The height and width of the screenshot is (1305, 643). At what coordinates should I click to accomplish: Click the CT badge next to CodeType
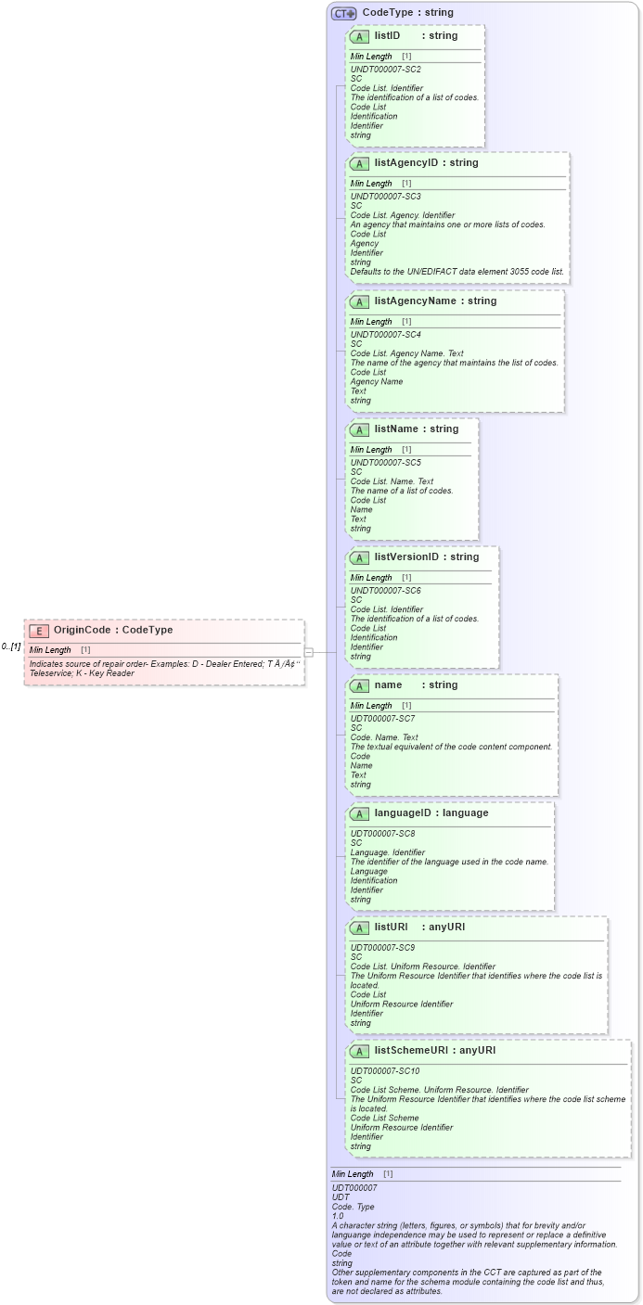(x=344, y=13)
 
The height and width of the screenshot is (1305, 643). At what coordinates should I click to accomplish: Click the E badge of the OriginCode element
(x=39, y=631)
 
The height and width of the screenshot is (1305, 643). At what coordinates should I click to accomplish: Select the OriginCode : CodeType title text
(x=113, y=631)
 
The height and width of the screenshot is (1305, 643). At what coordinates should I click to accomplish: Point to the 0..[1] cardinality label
(x=11, y=646)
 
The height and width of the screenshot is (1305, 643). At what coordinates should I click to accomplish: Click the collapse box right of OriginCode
(x=309, y=652)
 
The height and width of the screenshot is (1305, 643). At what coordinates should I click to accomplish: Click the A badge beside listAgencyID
(x=359, y=163)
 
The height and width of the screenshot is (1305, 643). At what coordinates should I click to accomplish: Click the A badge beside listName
(x=359, y=429)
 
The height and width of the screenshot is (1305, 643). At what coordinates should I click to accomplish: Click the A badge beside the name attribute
(x=359, y=685)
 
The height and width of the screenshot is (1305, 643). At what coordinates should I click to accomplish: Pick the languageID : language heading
(x=431, y=812)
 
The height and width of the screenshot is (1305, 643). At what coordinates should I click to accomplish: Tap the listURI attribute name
(x=391, y=928)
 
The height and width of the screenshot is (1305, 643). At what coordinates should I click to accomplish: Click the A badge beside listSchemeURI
(x=359, y=1051)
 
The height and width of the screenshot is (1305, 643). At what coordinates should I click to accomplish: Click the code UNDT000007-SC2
(x=385, y=70)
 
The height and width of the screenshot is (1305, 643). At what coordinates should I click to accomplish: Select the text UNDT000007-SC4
(x=385, y=335)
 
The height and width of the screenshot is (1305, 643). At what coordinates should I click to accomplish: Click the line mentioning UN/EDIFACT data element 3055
(x=457, y=272)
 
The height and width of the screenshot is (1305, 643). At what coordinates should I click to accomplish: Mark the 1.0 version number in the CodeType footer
(x=338, y=1216)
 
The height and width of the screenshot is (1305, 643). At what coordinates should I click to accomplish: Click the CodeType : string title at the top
(x=407, y=13)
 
